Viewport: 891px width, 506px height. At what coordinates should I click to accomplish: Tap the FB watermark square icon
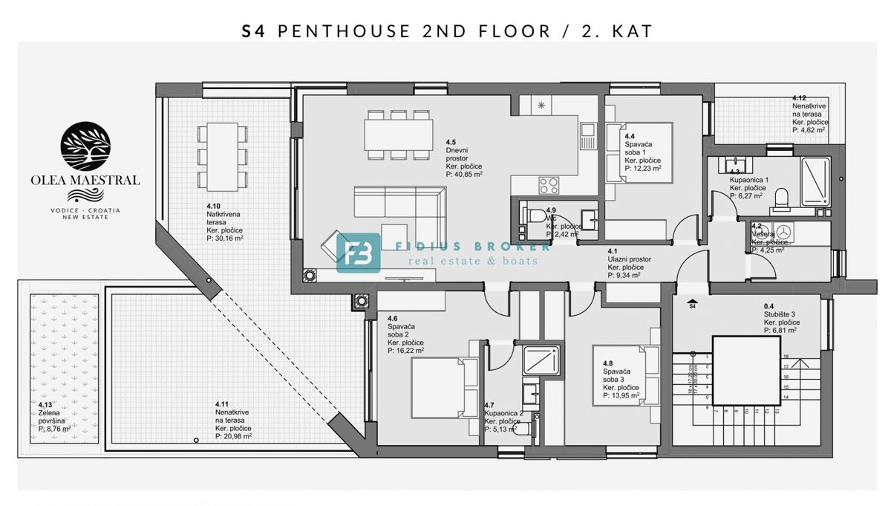[358, 253]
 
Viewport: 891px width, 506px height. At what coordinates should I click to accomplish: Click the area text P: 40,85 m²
[465, 174]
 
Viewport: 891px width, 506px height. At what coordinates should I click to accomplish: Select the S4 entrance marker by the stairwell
[692, 305]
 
